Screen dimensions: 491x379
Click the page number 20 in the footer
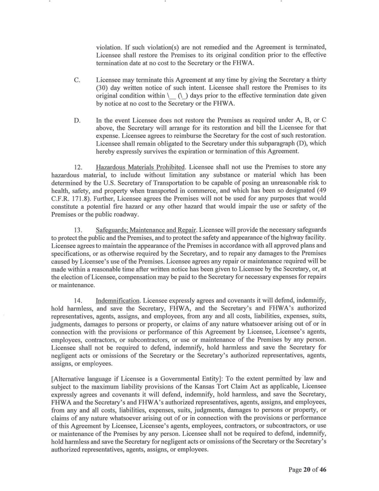307,469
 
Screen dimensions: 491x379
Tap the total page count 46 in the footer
323,469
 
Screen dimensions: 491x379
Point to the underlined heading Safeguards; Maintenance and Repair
146,230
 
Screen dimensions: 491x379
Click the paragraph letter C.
77,80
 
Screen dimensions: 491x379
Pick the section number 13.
79,230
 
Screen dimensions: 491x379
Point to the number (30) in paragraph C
103,88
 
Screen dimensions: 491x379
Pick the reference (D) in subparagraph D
296,144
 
